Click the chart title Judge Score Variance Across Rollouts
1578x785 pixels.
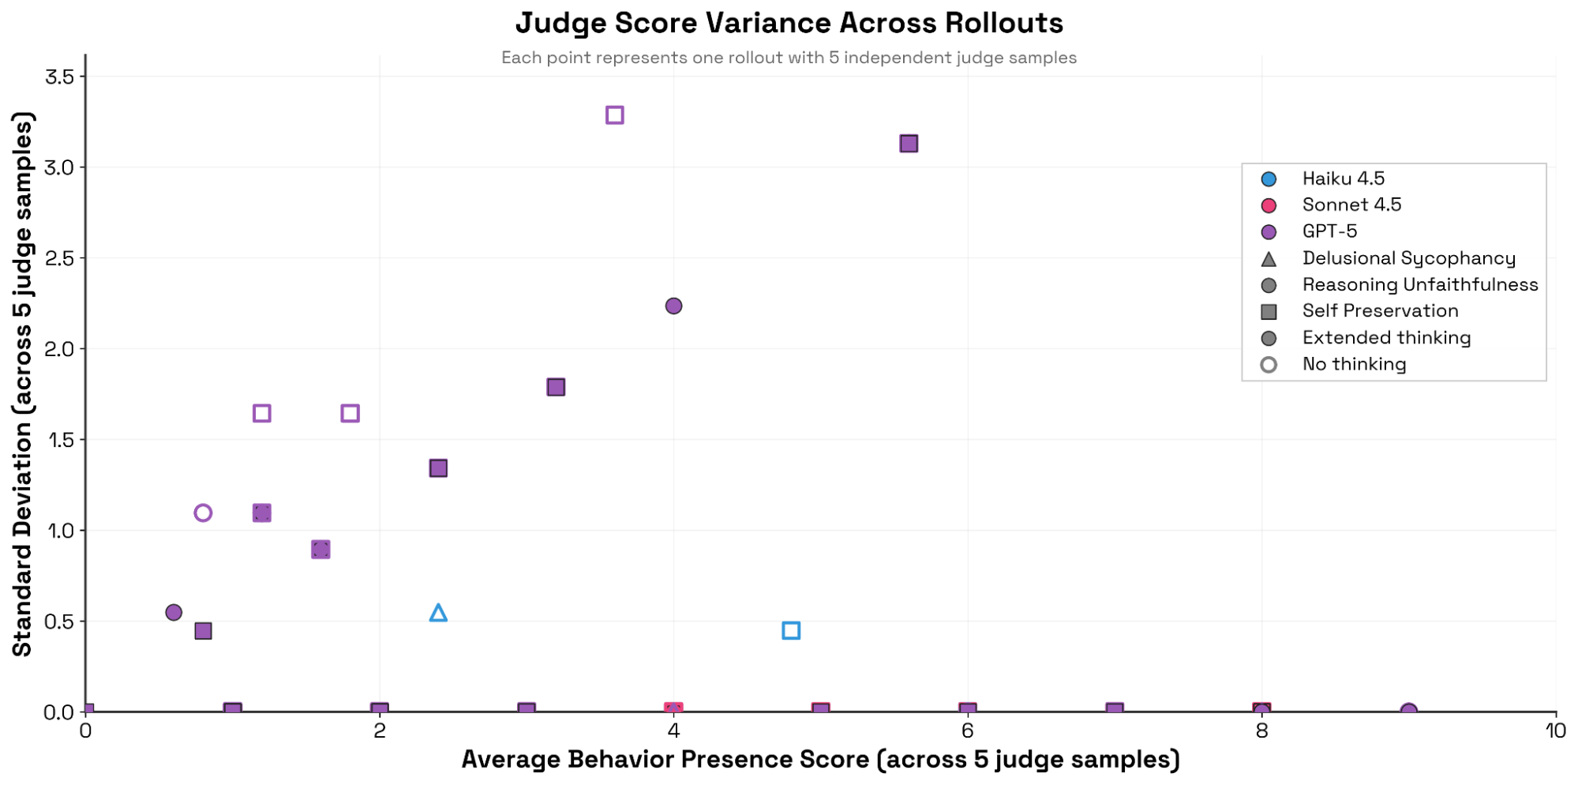click(789, 23)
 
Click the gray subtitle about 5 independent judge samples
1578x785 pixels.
click(789, 58)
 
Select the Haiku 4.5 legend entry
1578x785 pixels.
click(1343, 178)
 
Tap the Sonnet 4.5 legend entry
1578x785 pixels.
click(1351, 205)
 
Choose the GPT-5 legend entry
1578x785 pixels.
click(1329, 231)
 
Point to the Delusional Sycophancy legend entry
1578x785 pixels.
click(1408, 258)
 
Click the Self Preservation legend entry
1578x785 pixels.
click(1380, 311)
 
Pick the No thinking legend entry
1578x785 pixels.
click(1354, 364)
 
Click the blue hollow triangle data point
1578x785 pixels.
click(438, 613)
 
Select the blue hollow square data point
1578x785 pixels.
click(791, 630)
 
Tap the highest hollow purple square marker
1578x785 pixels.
click(614, 115)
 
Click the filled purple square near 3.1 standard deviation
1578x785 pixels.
click(909, 144)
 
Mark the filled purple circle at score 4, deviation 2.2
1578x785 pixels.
click(673, 306)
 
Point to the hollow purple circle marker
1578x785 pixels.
click(203, 513)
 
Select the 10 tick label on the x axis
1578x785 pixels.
click(1555, 731)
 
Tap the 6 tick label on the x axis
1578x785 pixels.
click(967, 731)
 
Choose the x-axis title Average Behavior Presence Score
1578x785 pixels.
click(820, 760)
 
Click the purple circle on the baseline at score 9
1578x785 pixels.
click(1408, 712)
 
